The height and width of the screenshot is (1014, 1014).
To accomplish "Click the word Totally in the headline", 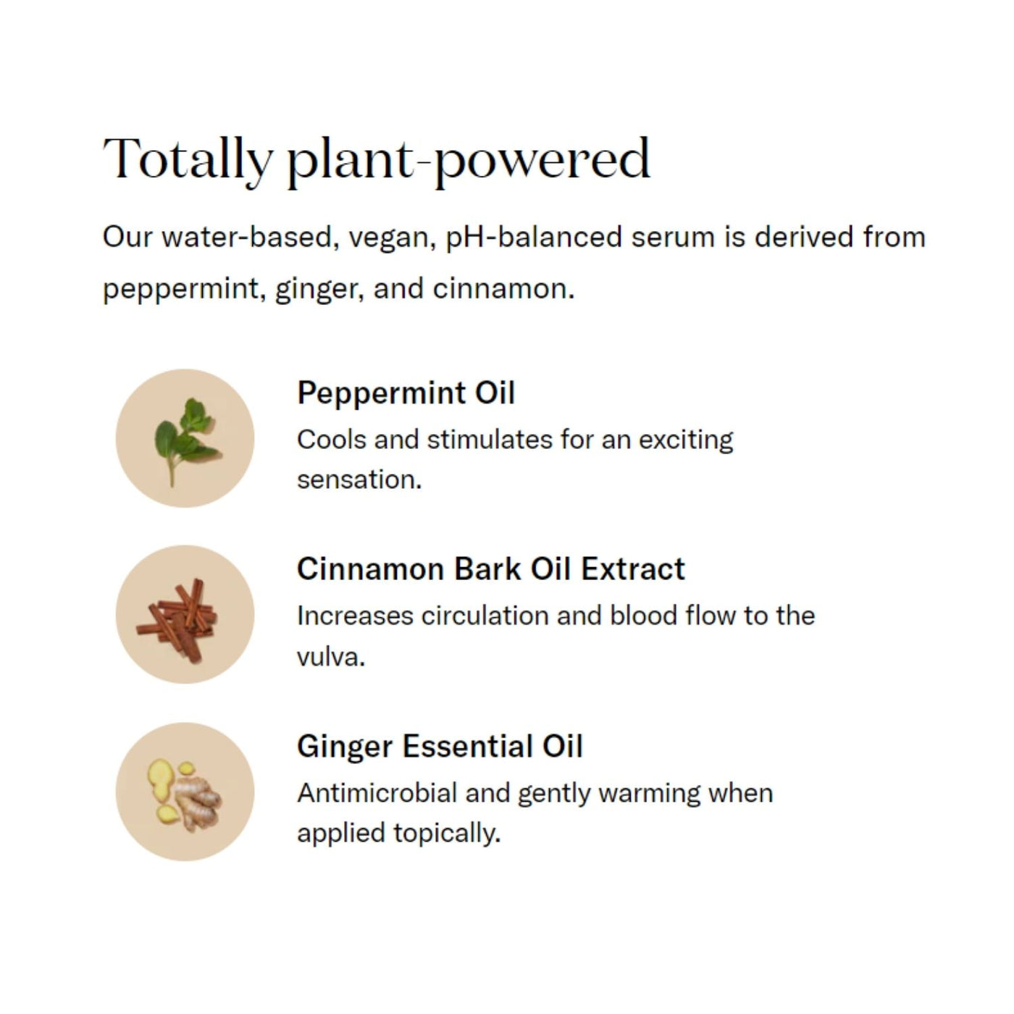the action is point(188,159).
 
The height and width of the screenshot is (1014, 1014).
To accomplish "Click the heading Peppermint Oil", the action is point(406,393).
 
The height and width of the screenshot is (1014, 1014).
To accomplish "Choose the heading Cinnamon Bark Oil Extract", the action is point(491,569).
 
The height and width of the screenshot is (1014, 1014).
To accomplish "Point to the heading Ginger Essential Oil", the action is point(440,747).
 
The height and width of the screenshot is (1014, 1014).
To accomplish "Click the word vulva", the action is point(331,657).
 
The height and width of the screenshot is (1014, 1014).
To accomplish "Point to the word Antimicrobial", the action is point(377,793).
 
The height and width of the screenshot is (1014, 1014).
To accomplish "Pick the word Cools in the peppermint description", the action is point(332,440).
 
